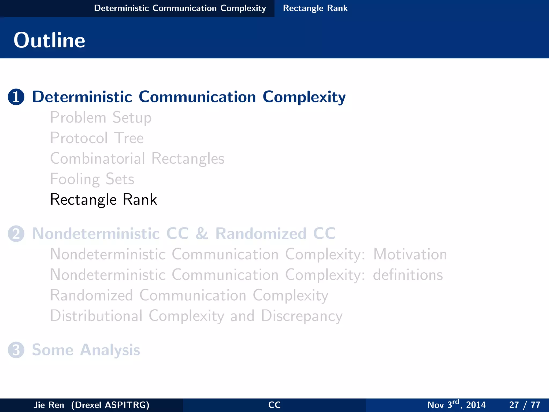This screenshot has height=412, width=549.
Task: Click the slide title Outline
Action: point(49,40)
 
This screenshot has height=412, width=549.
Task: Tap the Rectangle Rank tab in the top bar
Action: point(315,8)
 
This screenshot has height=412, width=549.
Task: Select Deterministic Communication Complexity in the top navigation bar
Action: point(180,8)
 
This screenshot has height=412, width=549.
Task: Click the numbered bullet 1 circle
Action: point(16,97)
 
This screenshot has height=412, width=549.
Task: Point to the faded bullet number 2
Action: point(16,234)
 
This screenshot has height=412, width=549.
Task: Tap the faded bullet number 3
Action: point(16,350)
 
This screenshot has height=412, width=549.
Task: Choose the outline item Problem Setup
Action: point(101,118)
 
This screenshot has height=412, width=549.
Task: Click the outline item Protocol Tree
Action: point(97,138)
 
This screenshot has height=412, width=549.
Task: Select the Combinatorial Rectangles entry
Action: point(137,159)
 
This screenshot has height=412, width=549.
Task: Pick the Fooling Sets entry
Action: point(92,179)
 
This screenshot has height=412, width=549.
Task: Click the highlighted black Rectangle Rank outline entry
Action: point(103,200)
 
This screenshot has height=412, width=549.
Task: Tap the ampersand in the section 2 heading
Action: point(202,234)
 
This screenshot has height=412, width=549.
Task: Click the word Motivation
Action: point(410,254)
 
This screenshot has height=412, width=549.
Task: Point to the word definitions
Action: point(408,275)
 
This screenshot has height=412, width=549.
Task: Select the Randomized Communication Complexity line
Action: point(189,296)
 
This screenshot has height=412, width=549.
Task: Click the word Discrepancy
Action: point(302,316)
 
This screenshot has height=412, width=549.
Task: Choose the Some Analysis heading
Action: point(86,350)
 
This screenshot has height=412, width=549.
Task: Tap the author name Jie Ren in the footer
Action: point(49,405)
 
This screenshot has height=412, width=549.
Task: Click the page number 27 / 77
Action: point(525,405)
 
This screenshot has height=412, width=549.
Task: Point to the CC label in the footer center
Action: point(274,405)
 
